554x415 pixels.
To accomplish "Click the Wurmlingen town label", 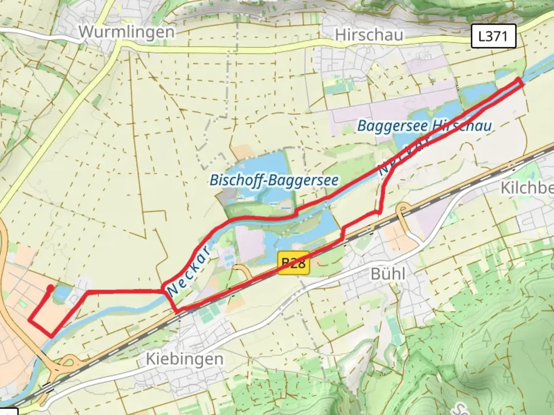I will click(x=127, y=32).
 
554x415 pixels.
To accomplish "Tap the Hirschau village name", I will click(x=369, y=35).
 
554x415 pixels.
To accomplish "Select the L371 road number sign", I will click(x=493, y=37).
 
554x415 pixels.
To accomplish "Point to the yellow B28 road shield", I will click(x=294, y=263).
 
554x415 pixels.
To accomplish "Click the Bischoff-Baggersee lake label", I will click(x=274, y=180).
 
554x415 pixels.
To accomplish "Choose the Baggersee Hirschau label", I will click(x=424, y=126).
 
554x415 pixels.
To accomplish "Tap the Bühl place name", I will click(x=388, y=274).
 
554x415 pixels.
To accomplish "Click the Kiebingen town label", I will click(x=184, y=359).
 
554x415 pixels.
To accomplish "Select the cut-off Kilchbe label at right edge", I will click(x=527, y=188).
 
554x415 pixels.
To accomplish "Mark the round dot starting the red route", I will click(x=50, y=288).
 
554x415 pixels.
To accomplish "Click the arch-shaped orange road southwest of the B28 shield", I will click(x=242, y=271).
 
